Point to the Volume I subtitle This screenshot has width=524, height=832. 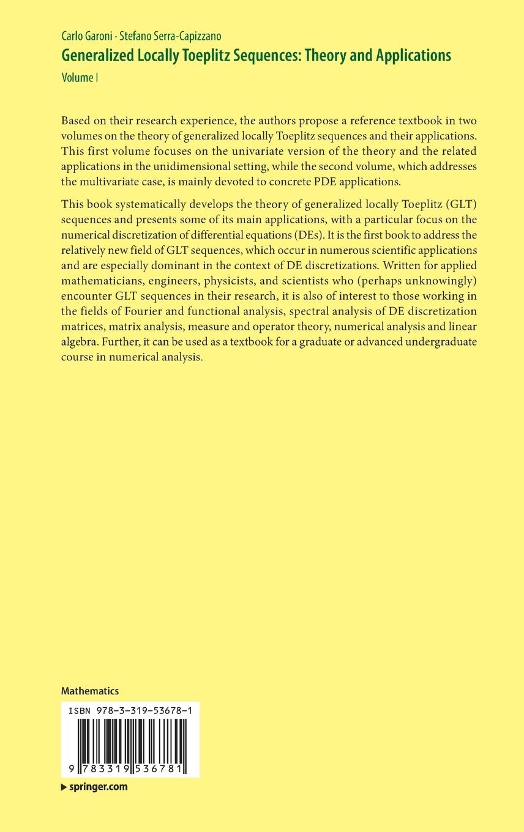[x=80, y=77]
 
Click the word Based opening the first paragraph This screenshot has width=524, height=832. [x=77, y=120]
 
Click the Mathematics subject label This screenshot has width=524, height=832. [x=90, y=691]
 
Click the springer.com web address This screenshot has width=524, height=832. [x=97, y=787]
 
